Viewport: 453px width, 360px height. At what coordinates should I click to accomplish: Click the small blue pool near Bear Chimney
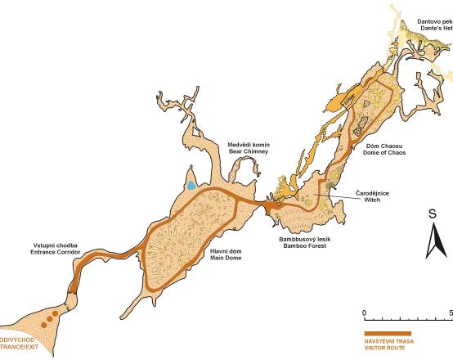191,186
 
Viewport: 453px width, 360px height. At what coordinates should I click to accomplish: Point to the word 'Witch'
372,198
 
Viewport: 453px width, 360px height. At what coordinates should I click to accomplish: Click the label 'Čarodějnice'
372,191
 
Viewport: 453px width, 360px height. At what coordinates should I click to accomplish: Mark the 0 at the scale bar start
364,313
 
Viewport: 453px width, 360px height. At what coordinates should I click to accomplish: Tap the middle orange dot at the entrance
50,316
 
